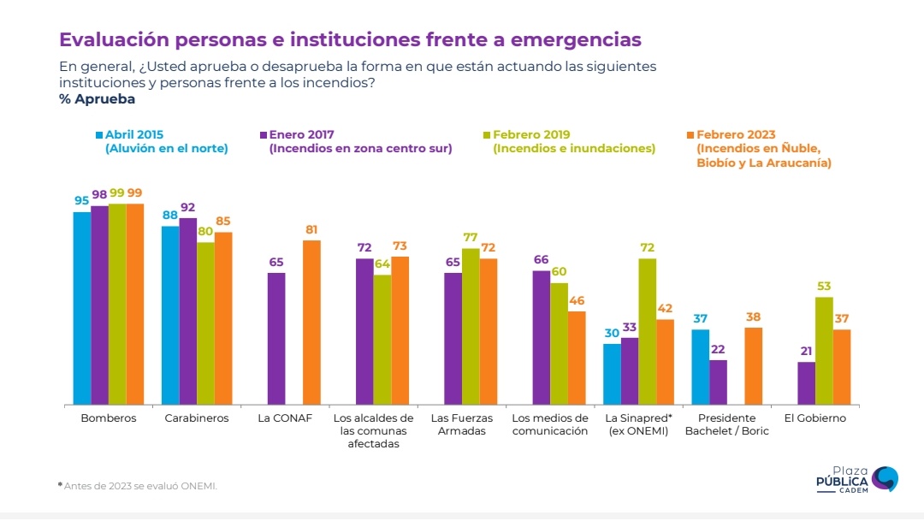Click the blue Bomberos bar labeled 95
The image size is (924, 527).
[x=82, y=308]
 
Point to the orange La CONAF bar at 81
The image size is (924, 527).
[x=312, y=322]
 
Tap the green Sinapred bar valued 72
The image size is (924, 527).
[x=647, y=331]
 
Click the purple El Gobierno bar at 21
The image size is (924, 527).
[x=806, y=382]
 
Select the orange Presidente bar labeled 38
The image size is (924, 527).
[x=753, y=365]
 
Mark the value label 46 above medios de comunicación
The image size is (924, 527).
[x=577, y=301]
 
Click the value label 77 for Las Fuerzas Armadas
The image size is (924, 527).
[x=471, y=238]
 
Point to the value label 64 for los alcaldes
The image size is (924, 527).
[x=382, y=263]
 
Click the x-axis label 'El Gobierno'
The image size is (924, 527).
[x=814, y=418]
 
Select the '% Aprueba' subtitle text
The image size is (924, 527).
[x=97, y=99]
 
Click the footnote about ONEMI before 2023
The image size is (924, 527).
[x=138, y=486]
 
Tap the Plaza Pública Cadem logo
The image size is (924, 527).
[x=856, y=478]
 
